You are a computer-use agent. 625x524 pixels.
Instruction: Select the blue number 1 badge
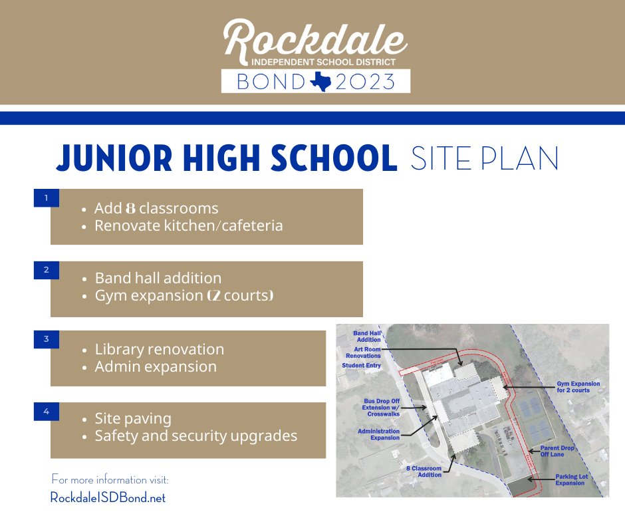coord(46,197)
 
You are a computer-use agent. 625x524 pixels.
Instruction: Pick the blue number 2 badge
coord(46,270)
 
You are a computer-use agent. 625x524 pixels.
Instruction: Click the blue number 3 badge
coord(46,339)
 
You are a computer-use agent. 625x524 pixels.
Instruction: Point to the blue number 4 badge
coord(46,412)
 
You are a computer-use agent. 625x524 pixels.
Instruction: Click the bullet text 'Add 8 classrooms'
coord(156,208)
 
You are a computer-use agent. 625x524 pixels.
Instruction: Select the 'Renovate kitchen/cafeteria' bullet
coord(188,225)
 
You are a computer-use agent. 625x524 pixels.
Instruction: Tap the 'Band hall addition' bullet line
coord(158,278)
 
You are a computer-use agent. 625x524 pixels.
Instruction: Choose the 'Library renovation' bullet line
coord(159,349)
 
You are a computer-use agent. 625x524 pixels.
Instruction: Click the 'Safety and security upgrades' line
coord(195,436)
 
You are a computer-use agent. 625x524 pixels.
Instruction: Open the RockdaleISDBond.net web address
coord(108,497)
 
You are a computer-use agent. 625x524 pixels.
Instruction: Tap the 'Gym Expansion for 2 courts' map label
coord(578,387)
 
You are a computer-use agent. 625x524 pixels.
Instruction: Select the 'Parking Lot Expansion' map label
coord(570,479)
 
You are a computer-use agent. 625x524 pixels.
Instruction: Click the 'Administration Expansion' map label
coord(378,434)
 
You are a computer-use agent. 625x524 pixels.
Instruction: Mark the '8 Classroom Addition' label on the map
coord(424,471)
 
